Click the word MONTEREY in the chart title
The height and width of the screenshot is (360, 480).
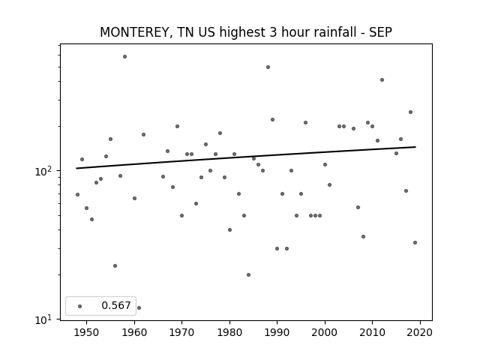click(x=134, y=32)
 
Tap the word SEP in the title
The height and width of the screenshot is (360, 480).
click(x=380, y=32)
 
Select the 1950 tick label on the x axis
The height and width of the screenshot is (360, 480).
click(x=87, y=332)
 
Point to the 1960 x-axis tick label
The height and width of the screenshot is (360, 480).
click(x=134, y=332)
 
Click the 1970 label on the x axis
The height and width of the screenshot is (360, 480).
click(x=181, y=332)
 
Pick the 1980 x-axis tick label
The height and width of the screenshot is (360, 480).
click(x=229, y=332)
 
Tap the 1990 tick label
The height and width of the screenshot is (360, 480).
click(x=277, y=332)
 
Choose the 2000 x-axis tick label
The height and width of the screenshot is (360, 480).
click(x=325, y=332)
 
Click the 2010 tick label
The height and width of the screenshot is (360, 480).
click(x=372, y=332)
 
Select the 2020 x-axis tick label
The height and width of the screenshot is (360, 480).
click(x=420, y=332)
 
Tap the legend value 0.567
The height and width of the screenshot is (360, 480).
click(x=116, y=305)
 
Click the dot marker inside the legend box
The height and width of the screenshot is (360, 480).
click(x=80, y=306)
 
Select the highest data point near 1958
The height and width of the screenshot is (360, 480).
click(x=125, y=57)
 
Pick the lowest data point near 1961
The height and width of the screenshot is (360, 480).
click(x=139, y=307)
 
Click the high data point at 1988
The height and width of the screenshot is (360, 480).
click(x=268, y=67)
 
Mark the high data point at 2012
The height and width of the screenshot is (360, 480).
click(x=382, y=80)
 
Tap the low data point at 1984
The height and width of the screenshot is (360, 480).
click(x=248, y=275)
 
